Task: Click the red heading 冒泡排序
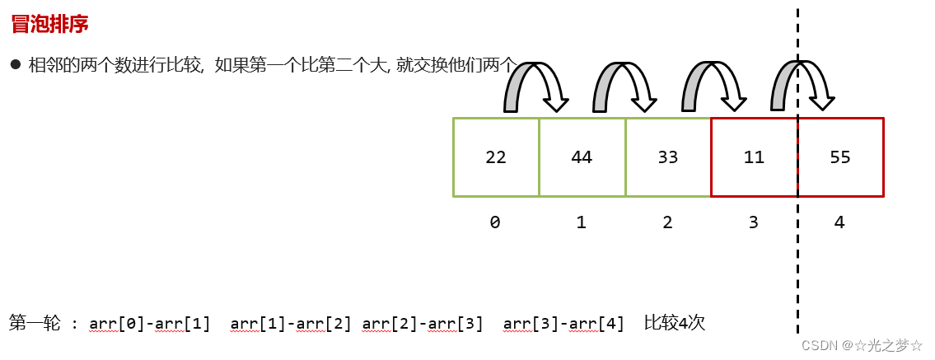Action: [x=49, y=25]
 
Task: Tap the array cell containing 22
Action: [x=496, y=157]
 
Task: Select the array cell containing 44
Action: [x=582, y=157]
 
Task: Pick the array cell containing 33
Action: [x=668, y=157]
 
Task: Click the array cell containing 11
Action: [x=754, y=157]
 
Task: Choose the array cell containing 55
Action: [x=840, y=157]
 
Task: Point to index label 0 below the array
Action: [x=495, y=222]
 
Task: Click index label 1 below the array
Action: [x=582, y=222]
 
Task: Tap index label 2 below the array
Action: [x=667, y=222]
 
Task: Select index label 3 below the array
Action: [x=753, y=222]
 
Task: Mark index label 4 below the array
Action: [x=839, y=222]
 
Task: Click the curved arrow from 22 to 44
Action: [x=536, y=82]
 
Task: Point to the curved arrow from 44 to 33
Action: [x=624, y=82]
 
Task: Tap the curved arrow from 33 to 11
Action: [x=713, y=82]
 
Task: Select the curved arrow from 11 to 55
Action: [x=802, y=82]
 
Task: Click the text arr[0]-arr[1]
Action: [x=150, y=324]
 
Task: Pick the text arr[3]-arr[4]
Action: [x=563, y=324]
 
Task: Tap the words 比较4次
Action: [x=675, y=323]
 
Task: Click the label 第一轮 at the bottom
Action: [x=35, y=323]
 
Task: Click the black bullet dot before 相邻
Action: [x=16, y=64]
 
